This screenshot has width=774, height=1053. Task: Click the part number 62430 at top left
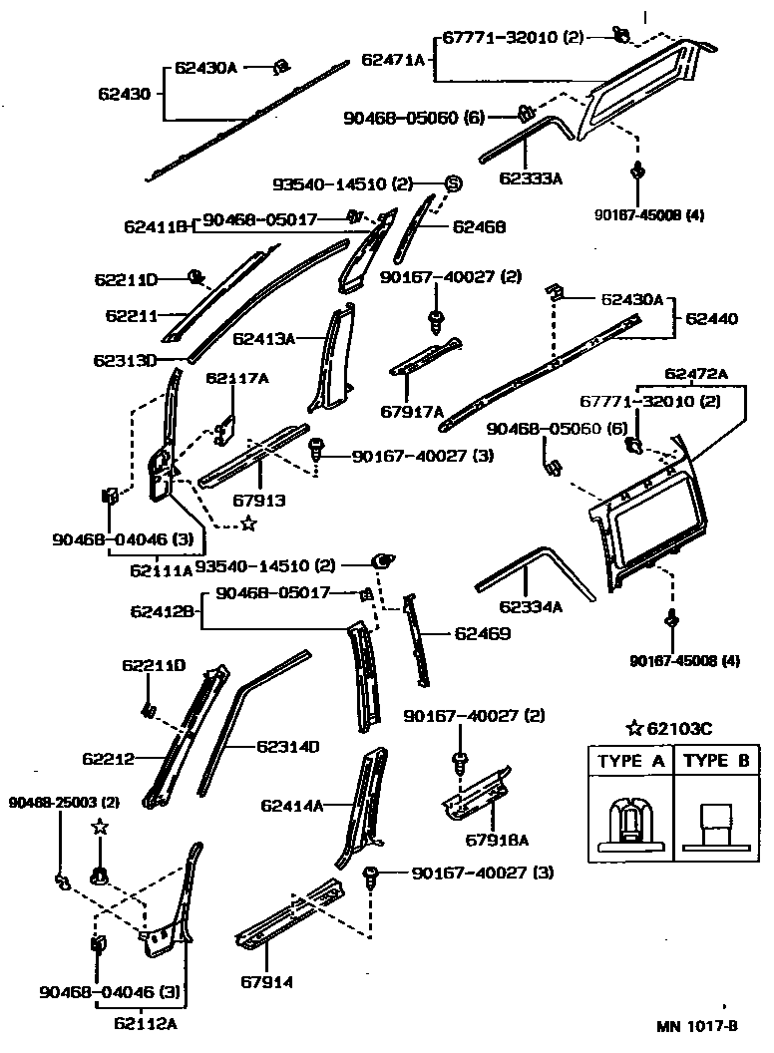coord(124,95)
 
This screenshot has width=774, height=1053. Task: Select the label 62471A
coord(394,60)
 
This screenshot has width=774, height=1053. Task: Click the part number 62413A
coord(264,338)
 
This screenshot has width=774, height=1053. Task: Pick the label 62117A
coord(237,378)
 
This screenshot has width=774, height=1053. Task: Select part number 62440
coord(711,320)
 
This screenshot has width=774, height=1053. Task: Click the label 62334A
coord(532,606)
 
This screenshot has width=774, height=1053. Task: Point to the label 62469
coord(483,632)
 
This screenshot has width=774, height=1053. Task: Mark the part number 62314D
coord(287,746)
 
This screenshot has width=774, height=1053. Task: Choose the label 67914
coord(266,982)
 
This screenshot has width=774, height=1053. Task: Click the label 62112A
coord(147,1022)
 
